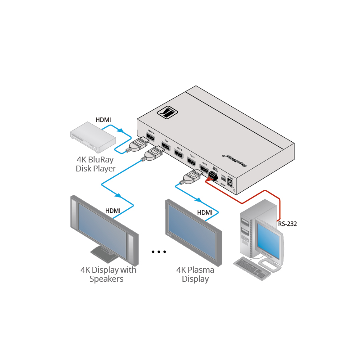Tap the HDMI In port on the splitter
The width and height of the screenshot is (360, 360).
150,138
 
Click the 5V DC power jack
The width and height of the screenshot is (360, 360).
230,182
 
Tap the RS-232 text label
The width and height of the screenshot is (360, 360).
287,223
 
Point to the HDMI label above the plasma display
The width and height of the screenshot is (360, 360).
205,212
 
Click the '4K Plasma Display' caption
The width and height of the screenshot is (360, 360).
195,274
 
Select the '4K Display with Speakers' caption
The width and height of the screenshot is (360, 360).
108,274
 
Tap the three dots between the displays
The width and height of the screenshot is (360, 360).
159,252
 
